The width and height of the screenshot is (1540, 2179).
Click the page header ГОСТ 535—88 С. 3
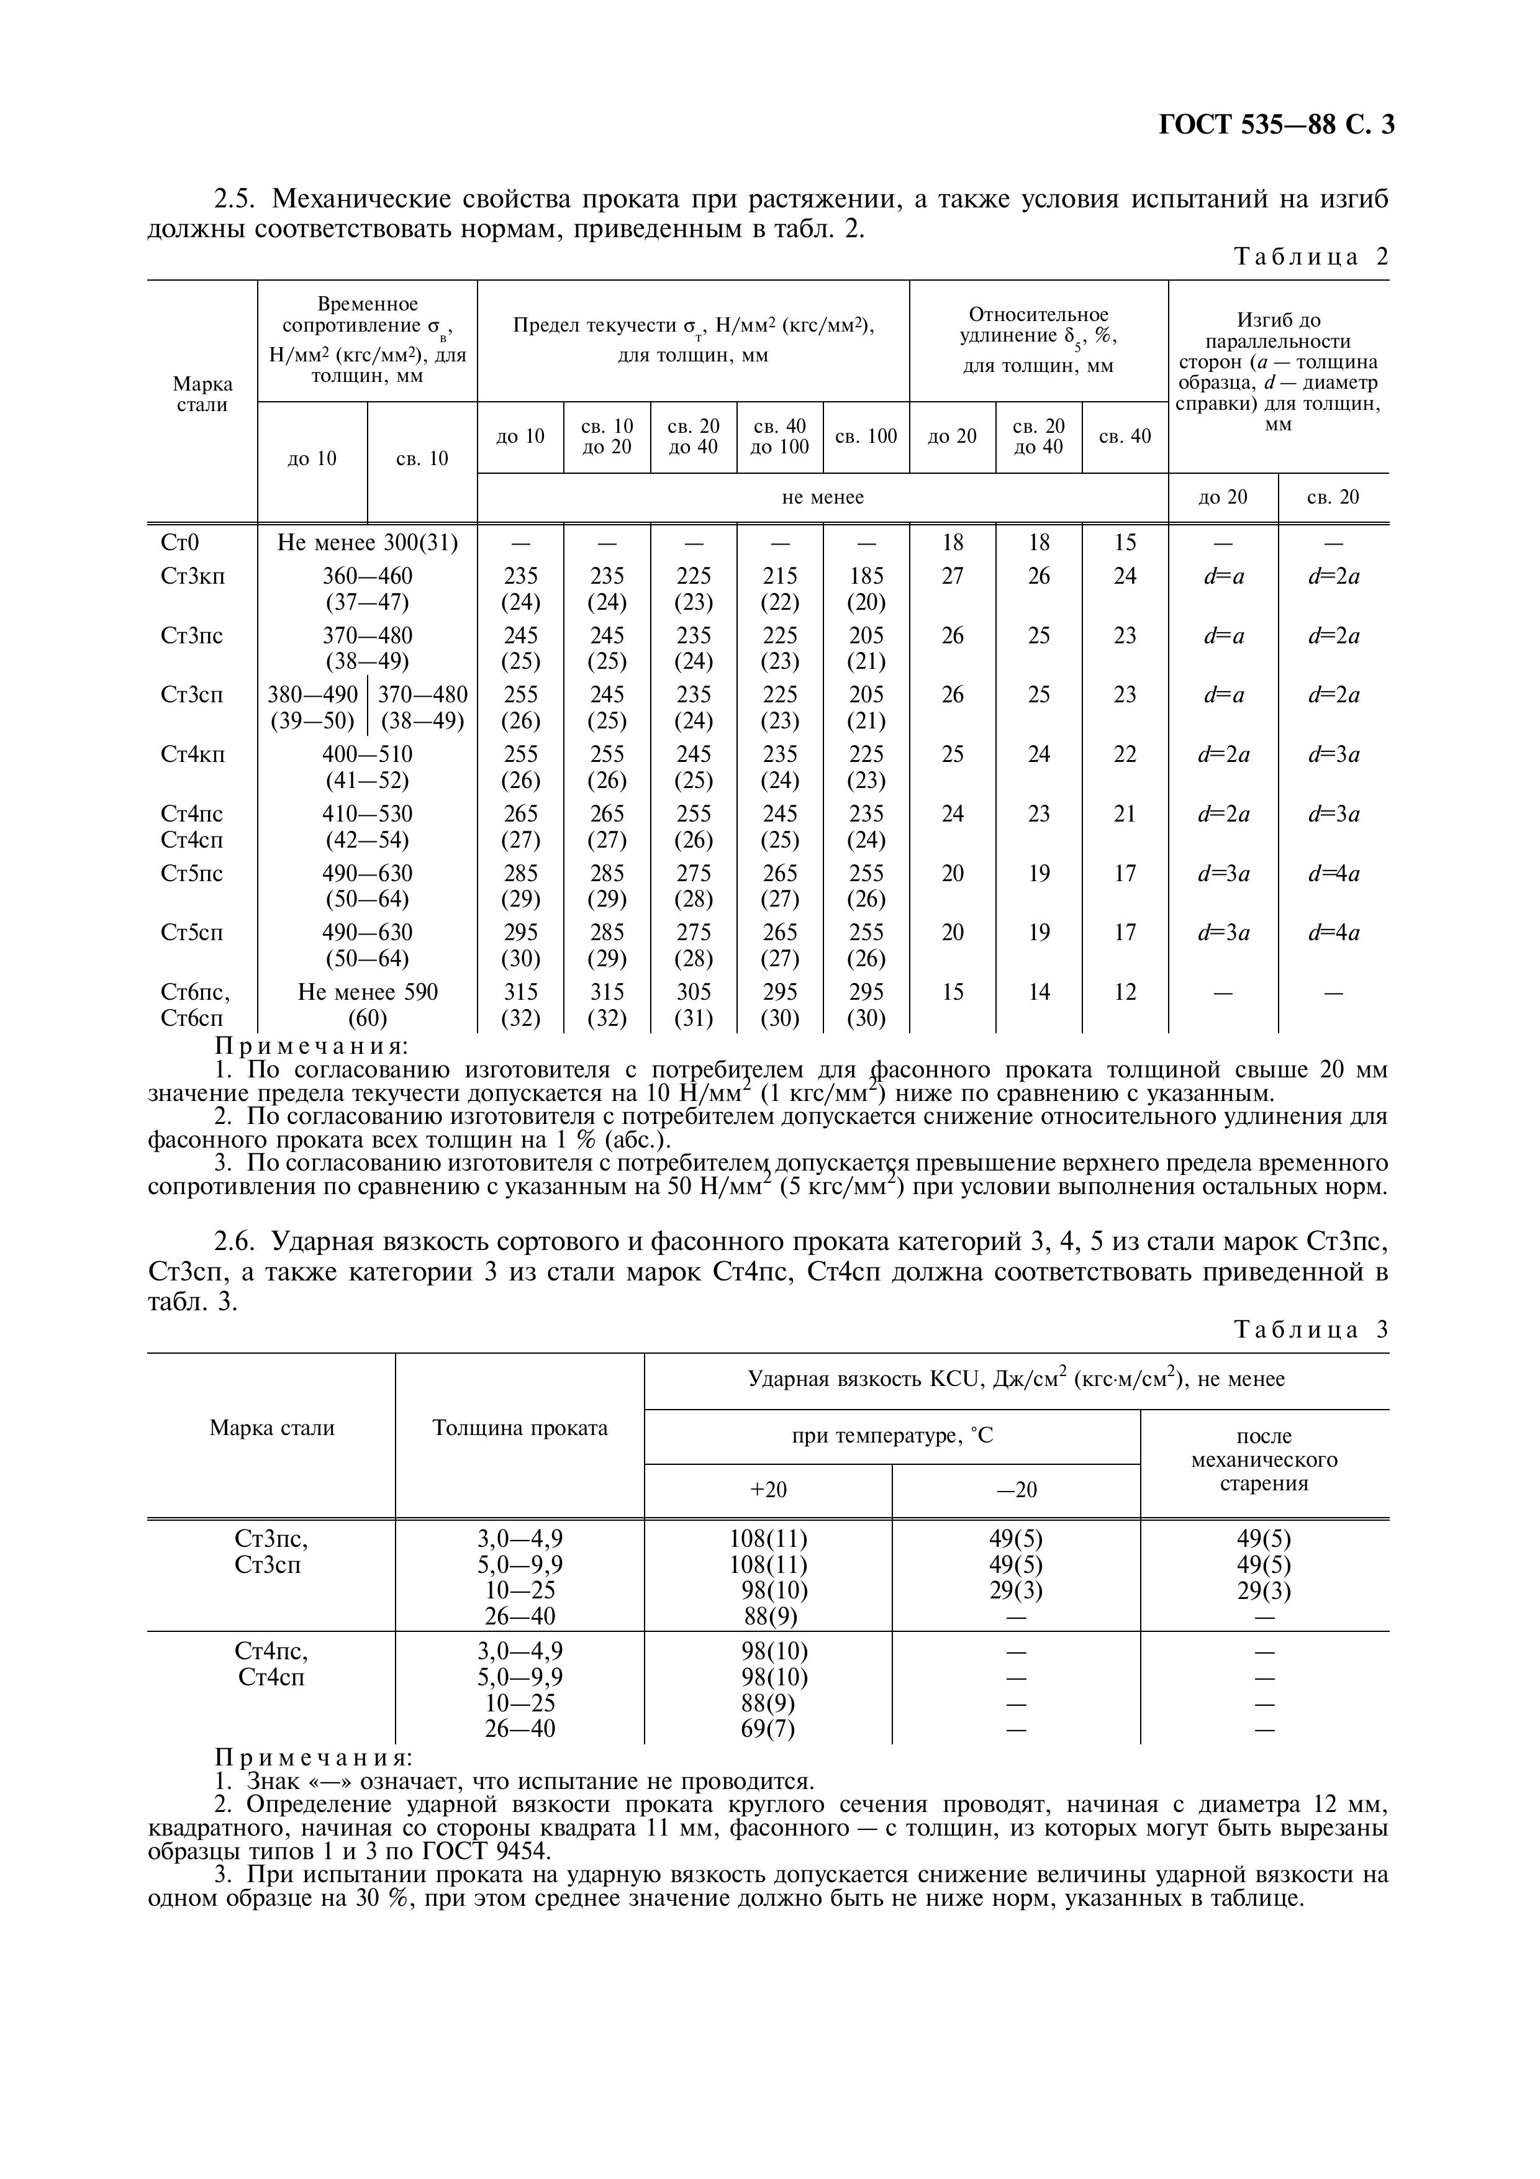pos(1276,125)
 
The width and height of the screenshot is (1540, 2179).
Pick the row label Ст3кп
pos(194,576)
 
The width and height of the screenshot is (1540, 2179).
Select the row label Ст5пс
pos(192,873)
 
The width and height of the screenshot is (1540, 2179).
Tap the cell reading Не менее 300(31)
pos(367,543)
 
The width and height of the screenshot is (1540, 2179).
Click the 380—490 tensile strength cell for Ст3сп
pos(313,708)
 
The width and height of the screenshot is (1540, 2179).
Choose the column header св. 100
pos(866,437)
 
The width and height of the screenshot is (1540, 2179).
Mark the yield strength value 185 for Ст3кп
pos(866,576)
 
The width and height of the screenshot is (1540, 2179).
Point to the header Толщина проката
pos(519,1428)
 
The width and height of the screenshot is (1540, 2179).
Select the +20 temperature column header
pos(768,1490)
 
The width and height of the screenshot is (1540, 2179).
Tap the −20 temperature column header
pos(1017,1490)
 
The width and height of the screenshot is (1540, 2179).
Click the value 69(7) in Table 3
pos(768,1729)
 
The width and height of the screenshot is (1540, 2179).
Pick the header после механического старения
pos(1264,1460)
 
